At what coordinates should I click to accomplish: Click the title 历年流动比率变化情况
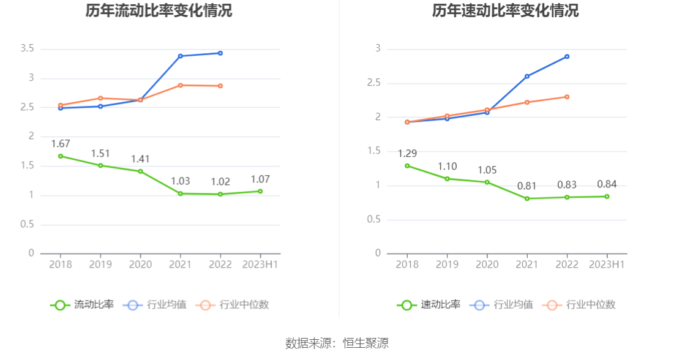point(159,11)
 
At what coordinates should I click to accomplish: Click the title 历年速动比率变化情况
point(505,11)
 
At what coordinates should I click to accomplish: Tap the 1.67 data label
point(61,144)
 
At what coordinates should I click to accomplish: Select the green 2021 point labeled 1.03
point(180,193)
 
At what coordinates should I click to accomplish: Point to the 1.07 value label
point(260,179)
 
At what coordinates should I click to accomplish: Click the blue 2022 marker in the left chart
point(220,53)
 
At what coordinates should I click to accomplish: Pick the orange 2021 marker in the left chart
point(180,85)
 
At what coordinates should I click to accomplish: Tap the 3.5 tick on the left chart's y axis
point(27,49)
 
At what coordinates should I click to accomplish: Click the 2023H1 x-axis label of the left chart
point(260,264)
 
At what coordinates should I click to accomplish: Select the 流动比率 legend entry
point(83,304)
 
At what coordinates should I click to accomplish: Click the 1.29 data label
point(407,154)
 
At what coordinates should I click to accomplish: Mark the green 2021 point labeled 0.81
point(527,198)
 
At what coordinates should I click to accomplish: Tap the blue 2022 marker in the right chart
point(567,56)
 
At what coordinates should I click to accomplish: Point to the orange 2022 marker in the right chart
point(567,97)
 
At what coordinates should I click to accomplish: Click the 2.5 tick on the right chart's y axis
point(373,83)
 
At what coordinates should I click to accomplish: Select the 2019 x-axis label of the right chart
point(447,264)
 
